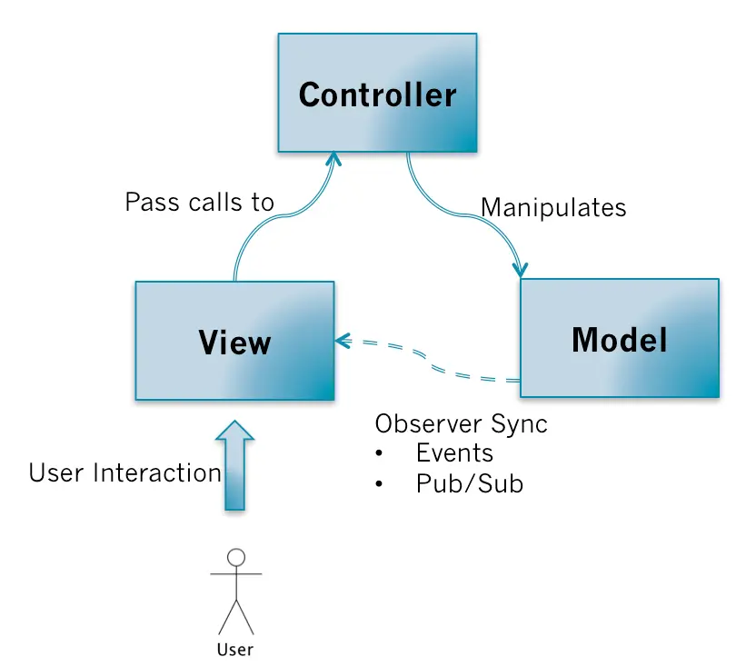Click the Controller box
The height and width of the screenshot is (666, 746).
[x=377, y=93]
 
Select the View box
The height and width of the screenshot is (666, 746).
[x=234, y=341]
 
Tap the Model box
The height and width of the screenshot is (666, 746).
[x=619, y=338]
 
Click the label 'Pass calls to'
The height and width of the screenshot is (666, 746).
[x=199, y=202]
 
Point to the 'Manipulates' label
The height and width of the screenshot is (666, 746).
[x=552, y=207]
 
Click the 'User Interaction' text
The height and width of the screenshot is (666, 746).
[x=124, y=472]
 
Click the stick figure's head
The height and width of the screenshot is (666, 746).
[x=236, y=557]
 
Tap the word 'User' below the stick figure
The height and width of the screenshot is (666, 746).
[x=235, y=649]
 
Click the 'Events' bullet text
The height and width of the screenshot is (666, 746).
[x=454, y=453]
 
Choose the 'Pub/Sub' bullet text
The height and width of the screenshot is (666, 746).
[x=469, y=483]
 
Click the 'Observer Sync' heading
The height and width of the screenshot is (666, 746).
[x=461, y=423]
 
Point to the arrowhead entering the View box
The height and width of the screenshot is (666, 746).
[x=342, y=341]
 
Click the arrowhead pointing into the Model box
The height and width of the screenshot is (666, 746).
[x=520, y=270]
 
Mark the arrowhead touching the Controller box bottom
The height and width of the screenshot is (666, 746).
[x=333, y=159]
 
